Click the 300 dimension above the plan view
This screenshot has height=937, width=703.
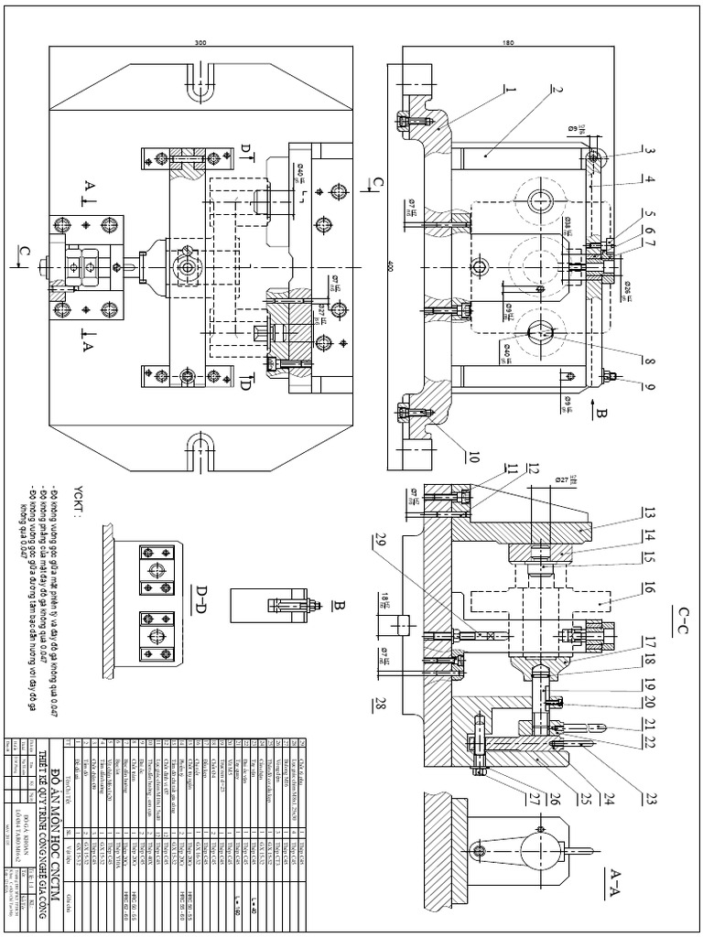pyautogui.click(x=200, y=43)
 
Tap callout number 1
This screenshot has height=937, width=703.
pyautogui.click(x=511, y=91)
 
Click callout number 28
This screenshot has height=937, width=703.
pyautogui.click(x=377, y=705)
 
